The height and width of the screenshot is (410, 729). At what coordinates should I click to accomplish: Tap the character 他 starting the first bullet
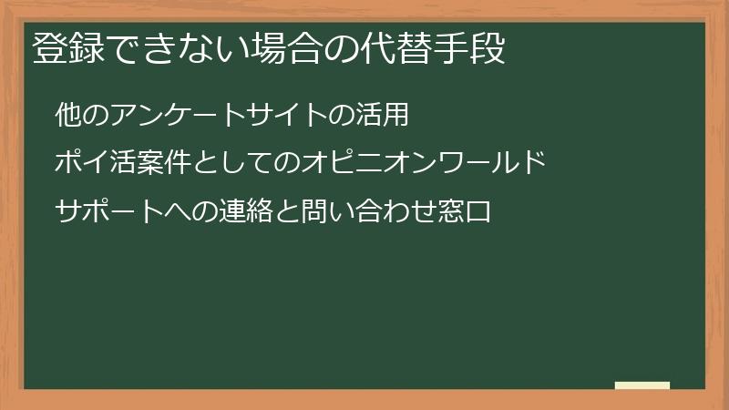tap(67, 116)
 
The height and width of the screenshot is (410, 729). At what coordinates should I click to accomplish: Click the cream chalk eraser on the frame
tap(642, 386)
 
